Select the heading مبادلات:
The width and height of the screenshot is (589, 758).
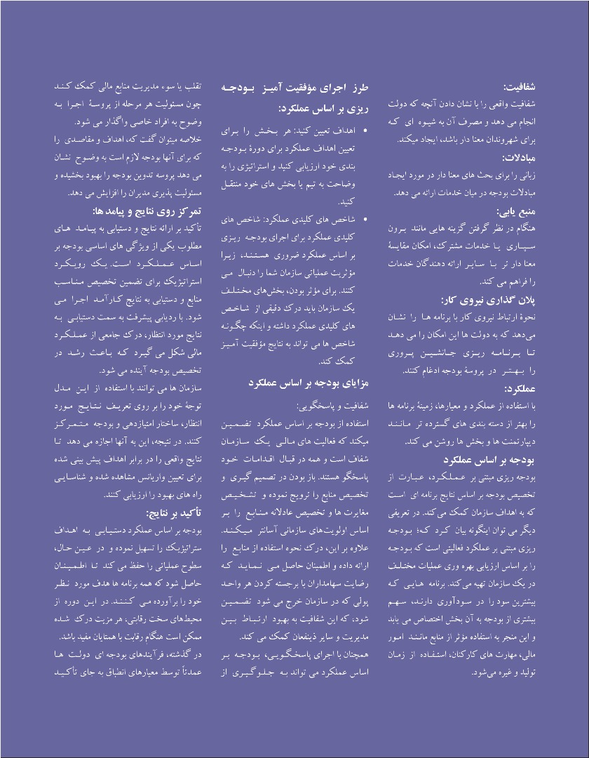pos(518,157)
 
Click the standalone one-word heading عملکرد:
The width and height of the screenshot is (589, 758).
pos(520,388)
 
